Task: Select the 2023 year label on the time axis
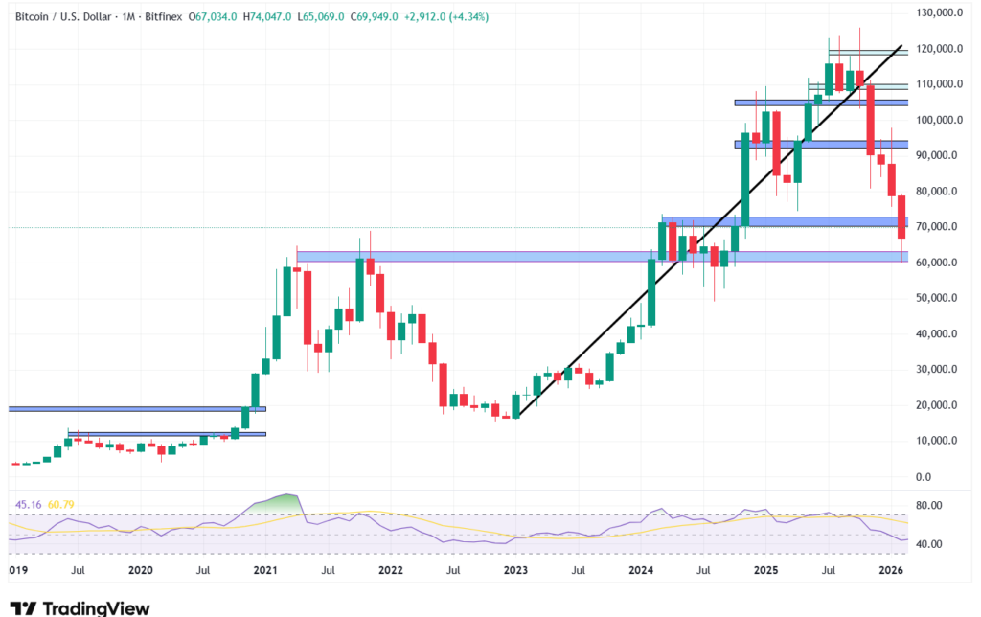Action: [x=515, y=570]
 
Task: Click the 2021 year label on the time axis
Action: [x=265, y=570]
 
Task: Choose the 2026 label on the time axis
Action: [x=892, y=570]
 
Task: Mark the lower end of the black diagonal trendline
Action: [x=516, y=417]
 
